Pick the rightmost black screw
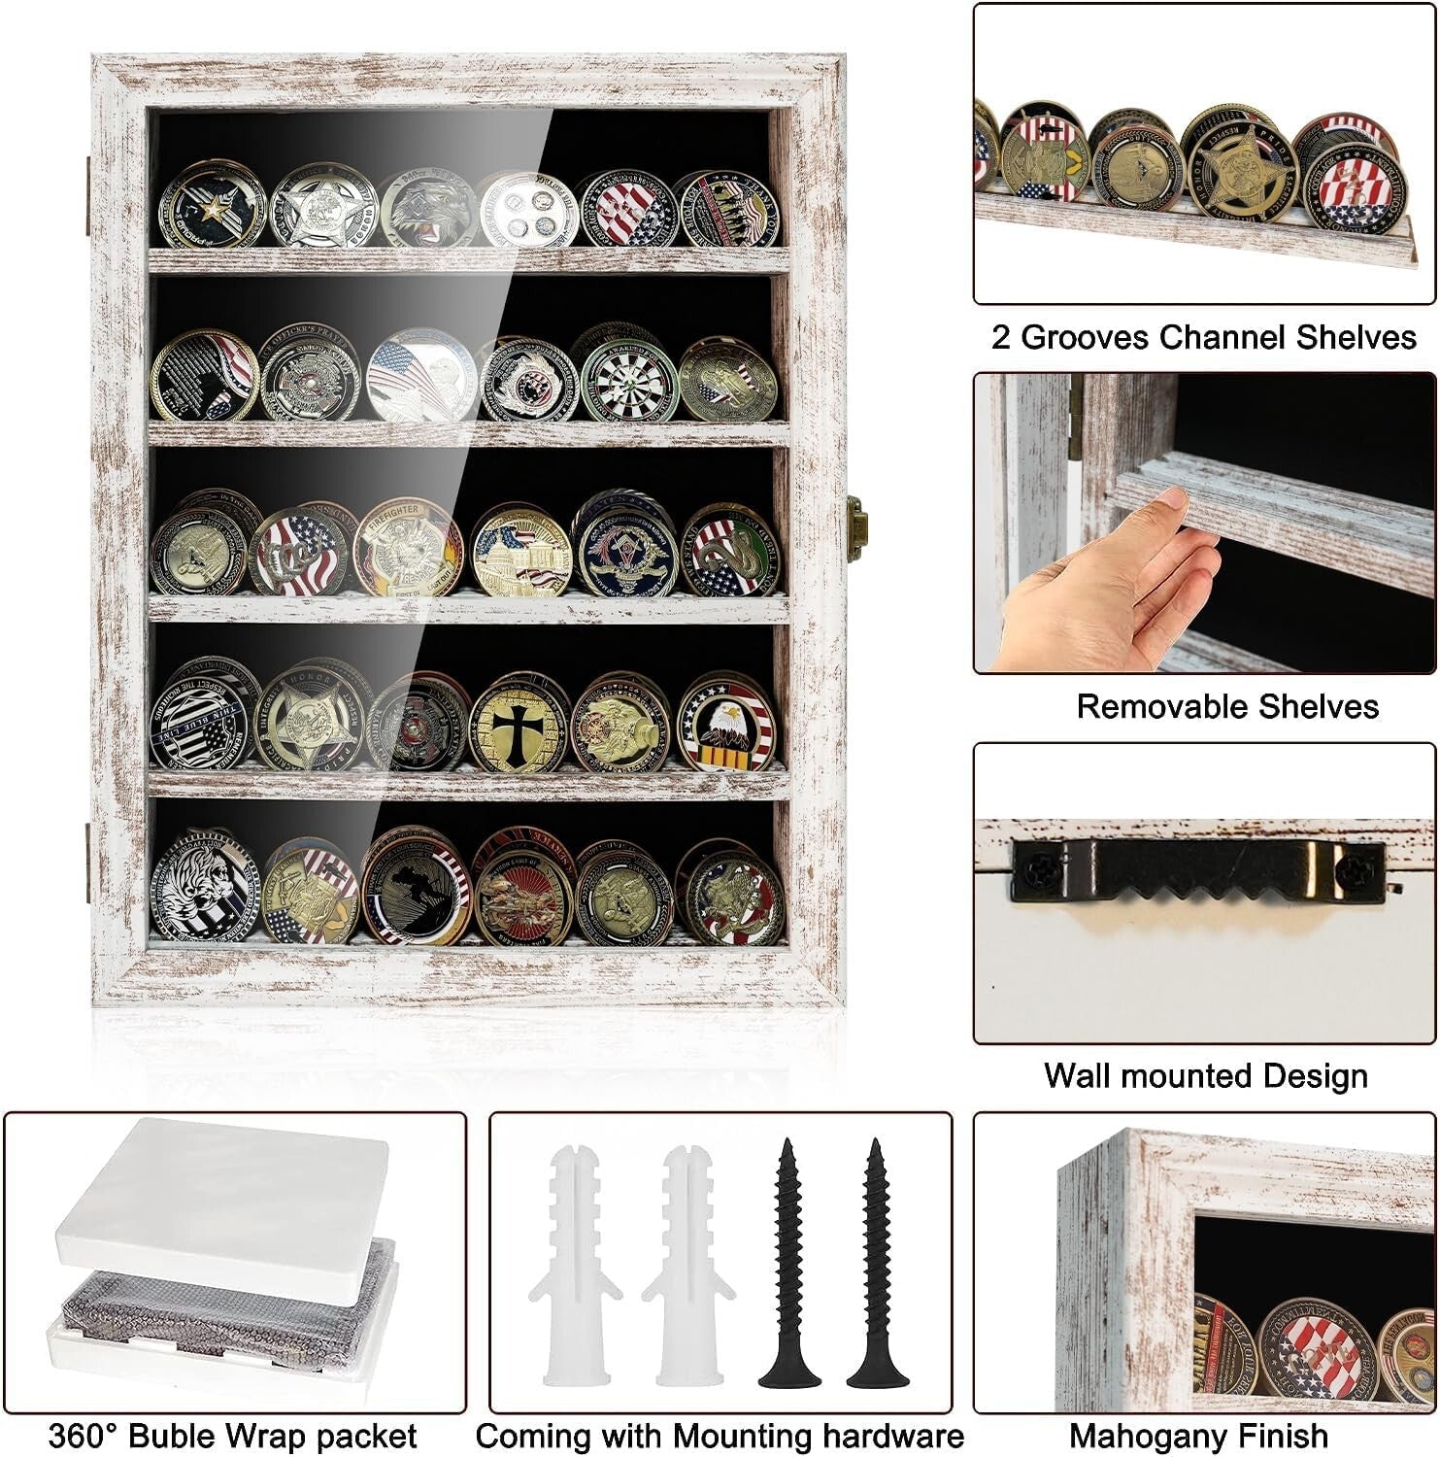[x=877, y=1263]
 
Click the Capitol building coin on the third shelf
[x=521, y=551]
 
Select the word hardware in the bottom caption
[x=892, y=1436]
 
